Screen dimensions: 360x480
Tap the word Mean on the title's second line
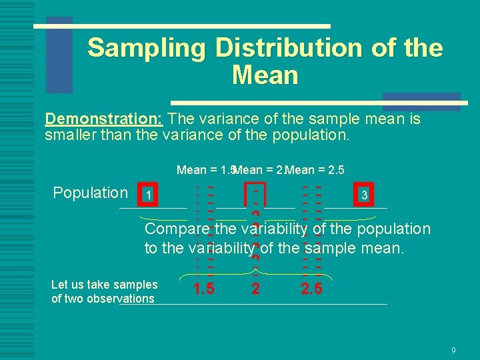pyautogui.click(x=265, y=75)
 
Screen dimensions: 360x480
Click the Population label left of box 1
pyautogui.click(x=90, y=193)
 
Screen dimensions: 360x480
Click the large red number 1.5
pyautogui.click(x=203, y=289)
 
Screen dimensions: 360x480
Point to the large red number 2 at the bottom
pyautogui.click(x=255, y=289)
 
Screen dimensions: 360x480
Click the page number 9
pyautogui.click(x=453, y=350)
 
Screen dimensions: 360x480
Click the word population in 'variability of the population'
pyautogui.click(x=394, y=229)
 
